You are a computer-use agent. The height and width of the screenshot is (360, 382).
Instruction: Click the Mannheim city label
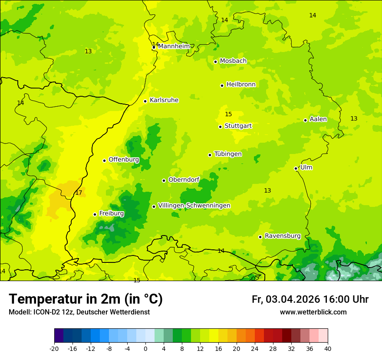[x=174, y=46]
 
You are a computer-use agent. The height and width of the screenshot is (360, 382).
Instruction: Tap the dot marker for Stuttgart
[x=220, y=127]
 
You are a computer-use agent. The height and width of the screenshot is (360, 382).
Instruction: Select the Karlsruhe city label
[x=164, y=100]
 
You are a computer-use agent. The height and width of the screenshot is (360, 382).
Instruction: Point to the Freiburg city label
[x=112, y=213]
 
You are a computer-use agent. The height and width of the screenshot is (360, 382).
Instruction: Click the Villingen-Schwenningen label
[x=194, y=206]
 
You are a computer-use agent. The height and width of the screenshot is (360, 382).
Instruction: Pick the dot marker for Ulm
[x=296, y=168]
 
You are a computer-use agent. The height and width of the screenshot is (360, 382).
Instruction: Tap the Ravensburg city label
[x=283, y=236]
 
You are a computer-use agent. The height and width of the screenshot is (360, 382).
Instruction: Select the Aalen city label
[x=318, y=119]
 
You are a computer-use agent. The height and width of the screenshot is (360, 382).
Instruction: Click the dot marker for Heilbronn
[x=222, y=85]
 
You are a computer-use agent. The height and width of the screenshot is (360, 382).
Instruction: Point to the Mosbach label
[x=233, y=61]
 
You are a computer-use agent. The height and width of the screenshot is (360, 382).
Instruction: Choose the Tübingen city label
[x=228, y=154]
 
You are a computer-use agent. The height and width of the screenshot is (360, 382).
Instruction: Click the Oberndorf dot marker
[x=164, y=180]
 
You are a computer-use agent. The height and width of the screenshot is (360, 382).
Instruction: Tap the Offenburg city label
[x=124, y=160]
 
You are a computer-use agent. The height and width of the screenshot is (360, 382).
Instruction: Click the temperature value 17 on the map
[x=79, y=193]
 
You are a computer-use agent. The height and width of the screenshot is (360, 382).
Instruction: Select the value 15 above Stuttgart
[x=228, y=115]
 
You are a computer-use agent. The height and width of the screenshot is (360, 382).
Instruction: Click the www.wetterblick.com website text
[x=313, y=312]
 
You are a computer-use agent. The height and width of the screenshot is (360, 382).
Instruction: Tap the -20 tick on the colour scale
[x=54, y=349]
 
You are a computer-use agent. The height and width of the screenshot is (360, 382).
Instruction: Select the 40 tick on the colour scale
[x=328, y=349]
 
